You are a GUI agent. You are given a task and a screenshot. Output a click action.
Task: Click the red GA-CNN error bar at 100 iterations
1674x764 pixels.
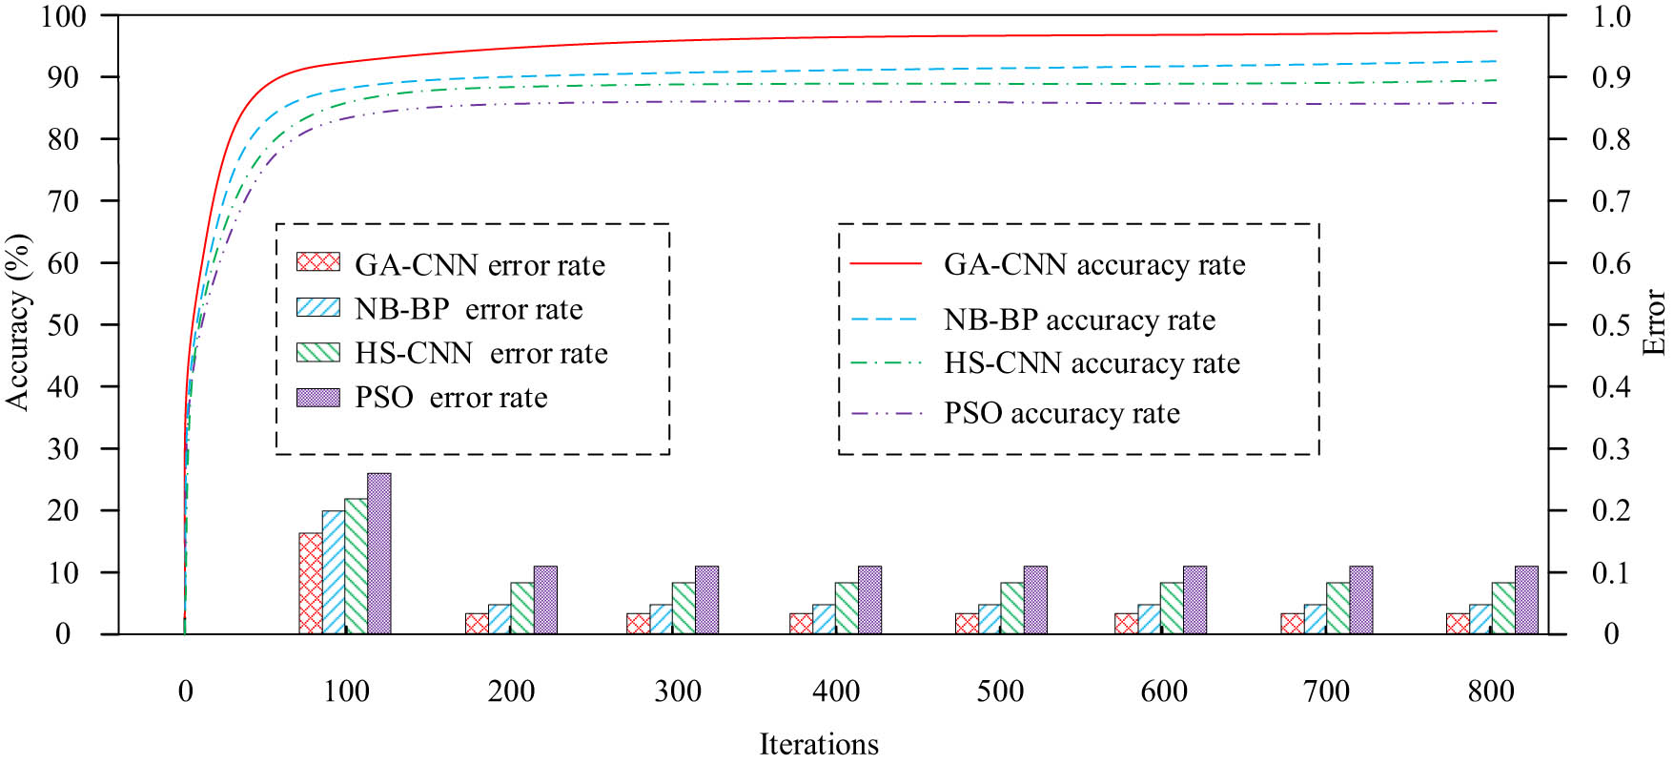click(310, 583)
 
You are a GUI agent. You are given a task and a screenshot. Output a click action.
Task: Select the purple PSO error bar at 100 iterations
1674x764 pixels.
click(378, 553)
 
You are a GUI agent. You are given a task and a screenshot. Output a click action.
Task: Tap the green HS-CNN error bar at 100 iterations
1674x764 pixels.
click(356, 566)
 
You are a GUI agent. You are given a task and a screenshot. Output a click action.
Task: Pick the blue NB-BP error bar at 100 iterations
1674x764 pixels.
click(333, 572)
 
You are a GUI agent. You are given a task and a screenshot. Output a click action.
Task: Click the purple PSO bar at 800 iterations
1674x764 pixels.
click(1526, 600)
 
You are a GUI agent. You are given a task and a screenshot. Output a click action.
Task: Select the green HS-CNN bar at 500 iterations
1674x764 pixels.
click(1012, 608)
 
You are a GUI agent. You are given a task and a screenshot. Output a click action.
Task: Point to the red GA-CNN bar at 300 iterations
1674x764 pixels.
click(638, 623)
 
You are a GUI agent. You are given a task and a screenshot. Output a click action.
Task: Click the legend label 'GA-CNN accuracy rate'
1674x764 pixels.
click(1094, 264)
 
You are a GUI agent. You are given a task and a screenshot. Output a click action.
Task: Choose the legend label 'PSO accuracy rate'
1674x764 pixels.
click(1062, 413)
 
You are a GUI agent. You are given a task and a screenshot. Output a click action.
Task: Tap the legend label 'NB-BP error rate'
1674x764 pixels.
click(468, 309)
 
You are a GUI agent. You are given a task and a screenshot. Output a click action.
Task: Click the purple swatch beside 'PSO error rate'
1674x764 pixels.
click(317, 398)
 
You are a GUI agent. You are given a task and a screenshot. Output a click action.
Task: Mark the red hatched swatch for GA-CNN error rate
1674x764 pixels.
click(317, 261)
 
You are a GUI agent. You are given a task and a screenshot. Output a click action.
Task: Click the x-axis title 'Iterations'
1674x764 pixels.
click(819, 744)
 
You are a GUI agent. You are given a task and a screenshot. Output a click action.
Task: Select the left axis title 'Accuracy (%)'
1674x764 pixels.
click(18, 322)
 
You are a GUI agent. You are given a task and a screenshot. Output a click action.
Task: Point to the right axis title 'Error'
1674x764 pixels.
click(1654, 322)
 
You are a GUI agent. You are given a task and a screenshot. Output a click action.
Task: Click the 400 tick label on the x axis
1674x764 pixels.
click(836, 691)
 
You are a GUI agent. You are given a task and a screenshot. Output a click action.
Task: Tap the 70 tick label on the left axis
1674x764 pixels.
click(63, 201)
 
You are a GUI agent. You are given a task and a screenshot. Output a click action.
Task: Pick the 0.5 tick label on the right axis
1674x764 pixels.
click(1610, 325)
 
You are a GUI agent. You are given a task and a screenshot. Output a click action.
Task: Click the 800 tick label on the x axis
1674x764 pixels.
click(1491, 691)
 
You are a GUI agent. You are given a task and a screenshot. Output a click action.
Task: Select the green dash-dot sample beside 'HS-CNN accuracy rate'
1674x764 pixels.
click(887, 363)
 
